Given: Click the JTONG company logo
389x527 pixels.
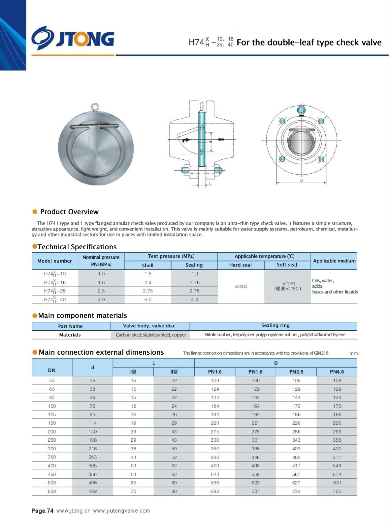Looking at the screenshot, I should pos(73,39).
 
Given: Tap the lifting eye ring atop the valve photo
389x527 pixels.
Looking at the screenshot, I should pos(95,107).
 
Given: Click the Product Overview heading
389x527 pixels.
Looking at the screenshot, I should pos(69,212).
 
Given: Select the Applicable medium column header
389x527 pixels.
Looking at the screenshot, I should pos(334,261).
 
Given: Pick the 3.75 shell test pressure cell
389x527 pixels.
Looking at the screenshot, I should pos(147,291).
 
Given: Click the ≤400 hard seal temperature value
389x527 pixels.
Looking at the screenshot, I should pos(241,287).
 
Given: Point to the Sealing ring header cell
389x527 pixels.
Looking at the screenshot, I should pos(275,325).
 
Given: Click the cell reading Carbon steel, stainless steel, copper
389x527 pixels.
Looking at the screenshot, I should pos(151,335).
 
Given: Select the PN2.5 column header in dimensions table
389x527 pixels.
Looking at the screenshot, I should pos(296,372).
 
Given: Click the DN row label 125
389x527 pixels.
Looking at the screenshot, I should pos(52,414).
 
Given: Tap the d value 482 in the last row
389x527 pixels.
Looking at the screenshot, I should pos(93,491).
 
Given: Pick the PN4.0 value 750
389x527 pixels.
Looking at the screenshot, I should pos(337,491).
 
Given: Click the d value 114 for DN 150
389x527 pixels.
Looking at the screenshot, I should pos(93,423).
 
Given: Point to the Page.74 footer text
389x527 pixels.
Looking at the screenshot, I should pos(42,511).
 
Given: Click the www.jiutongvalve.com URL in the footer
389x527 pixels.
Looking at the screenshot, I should pos(121,511).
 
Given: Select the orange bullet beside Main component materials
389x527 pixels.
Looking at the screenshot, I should pos(35,316).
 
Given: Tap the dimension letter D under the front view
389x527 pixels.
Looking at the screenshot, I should pos(301,181).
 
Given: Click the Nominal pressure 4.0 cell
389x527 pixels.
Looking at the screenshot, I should pos(101,299).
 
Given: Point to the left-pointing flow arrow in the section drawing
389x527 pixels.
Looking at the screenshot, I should pos(220,139).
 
